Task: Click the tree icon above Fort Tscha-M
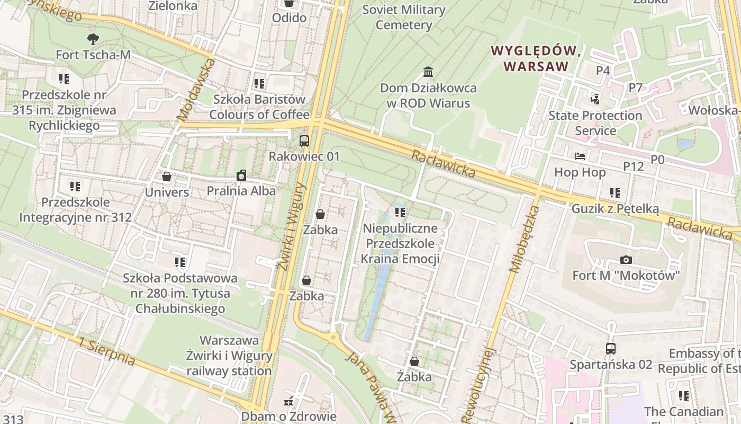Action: click(x=93, y=39)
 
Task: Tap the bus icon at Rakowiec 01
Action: click(x=304, y=141)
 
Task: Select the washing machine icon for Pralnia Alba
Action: click(x=241, y=175)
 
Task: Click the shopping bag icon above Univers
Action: click(x=167, y=176)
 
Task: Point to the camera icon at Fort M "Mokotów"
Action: click(x=626, y=260)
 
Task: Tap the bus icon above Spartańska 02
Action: click(x=611, y=349)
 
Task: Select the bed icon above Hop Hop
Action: click(x=580, y=156)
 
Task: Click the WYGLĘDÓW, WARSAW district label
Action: click(x=536, y=58)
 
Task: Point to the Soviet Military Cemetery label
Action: click(x=404, y=17)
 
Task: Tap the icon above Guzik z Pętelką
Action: click(x=615, y=193)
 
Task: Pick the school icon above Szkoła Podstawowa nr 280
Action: click(x=180, y=262)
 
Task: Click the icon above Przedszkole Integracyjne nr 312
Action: click(x=75, y=187)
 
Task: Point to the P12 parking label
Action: click(x=633, y=166)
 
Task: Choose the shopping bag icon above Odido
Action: click(x=289, y=3)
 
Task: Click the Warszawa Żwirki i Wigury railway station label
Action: click(x=229, y=355)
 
